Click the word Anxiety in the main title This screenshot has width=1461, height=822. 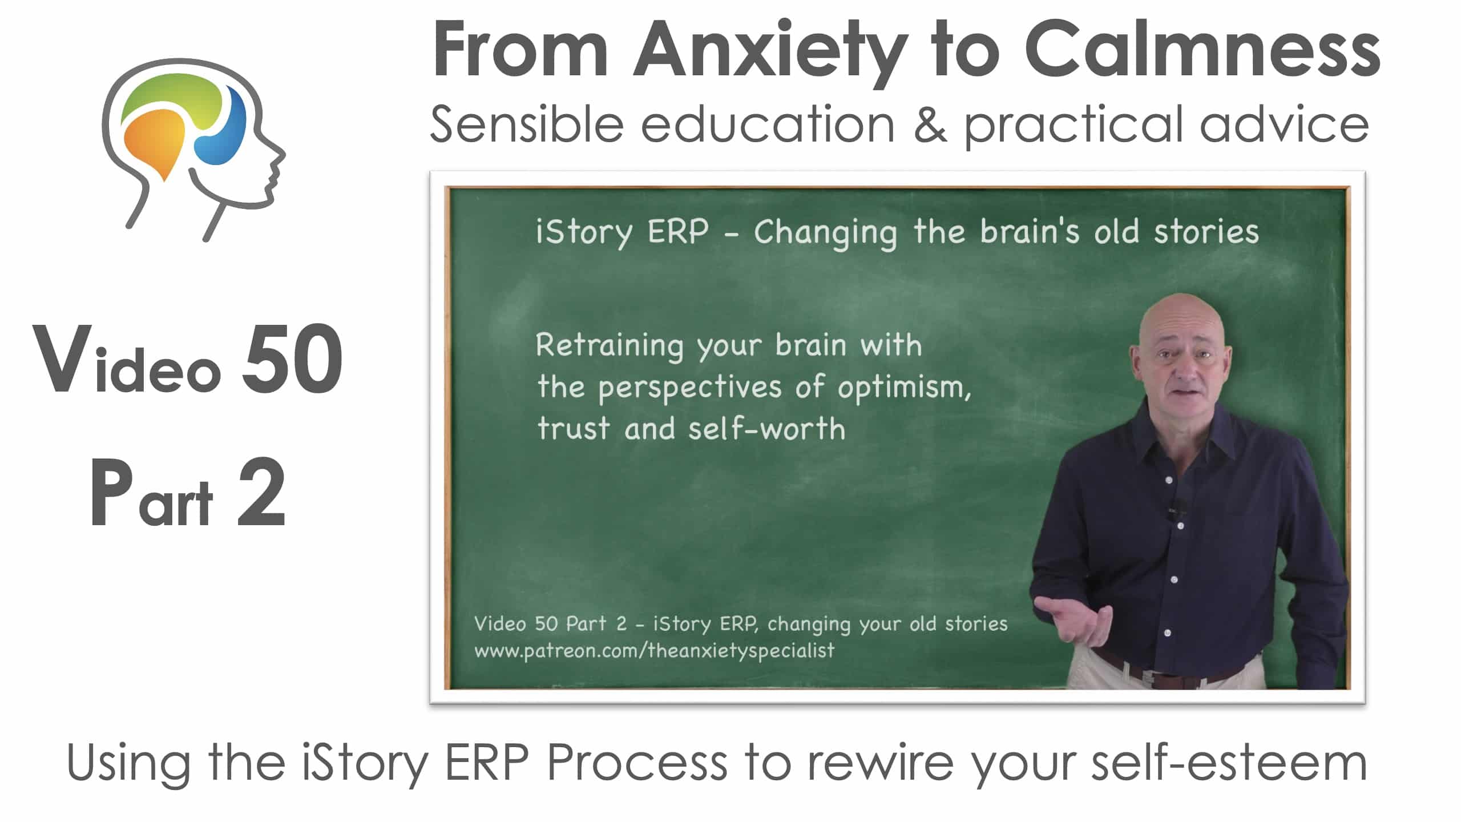coord(770,51)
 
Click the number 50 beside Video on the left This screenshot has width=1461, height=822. coord(292,358)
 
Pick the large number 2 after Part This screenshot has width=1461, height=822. coord(261,492)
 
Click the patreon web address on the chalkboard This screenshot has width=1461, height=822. coord(654,651)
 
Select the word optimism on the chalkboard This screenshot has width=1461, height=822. coord(904,388)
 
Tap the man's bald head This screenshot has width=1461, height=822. coord(1181,320)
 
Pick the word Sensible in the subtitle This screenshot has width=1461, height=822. coord(526,124)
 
